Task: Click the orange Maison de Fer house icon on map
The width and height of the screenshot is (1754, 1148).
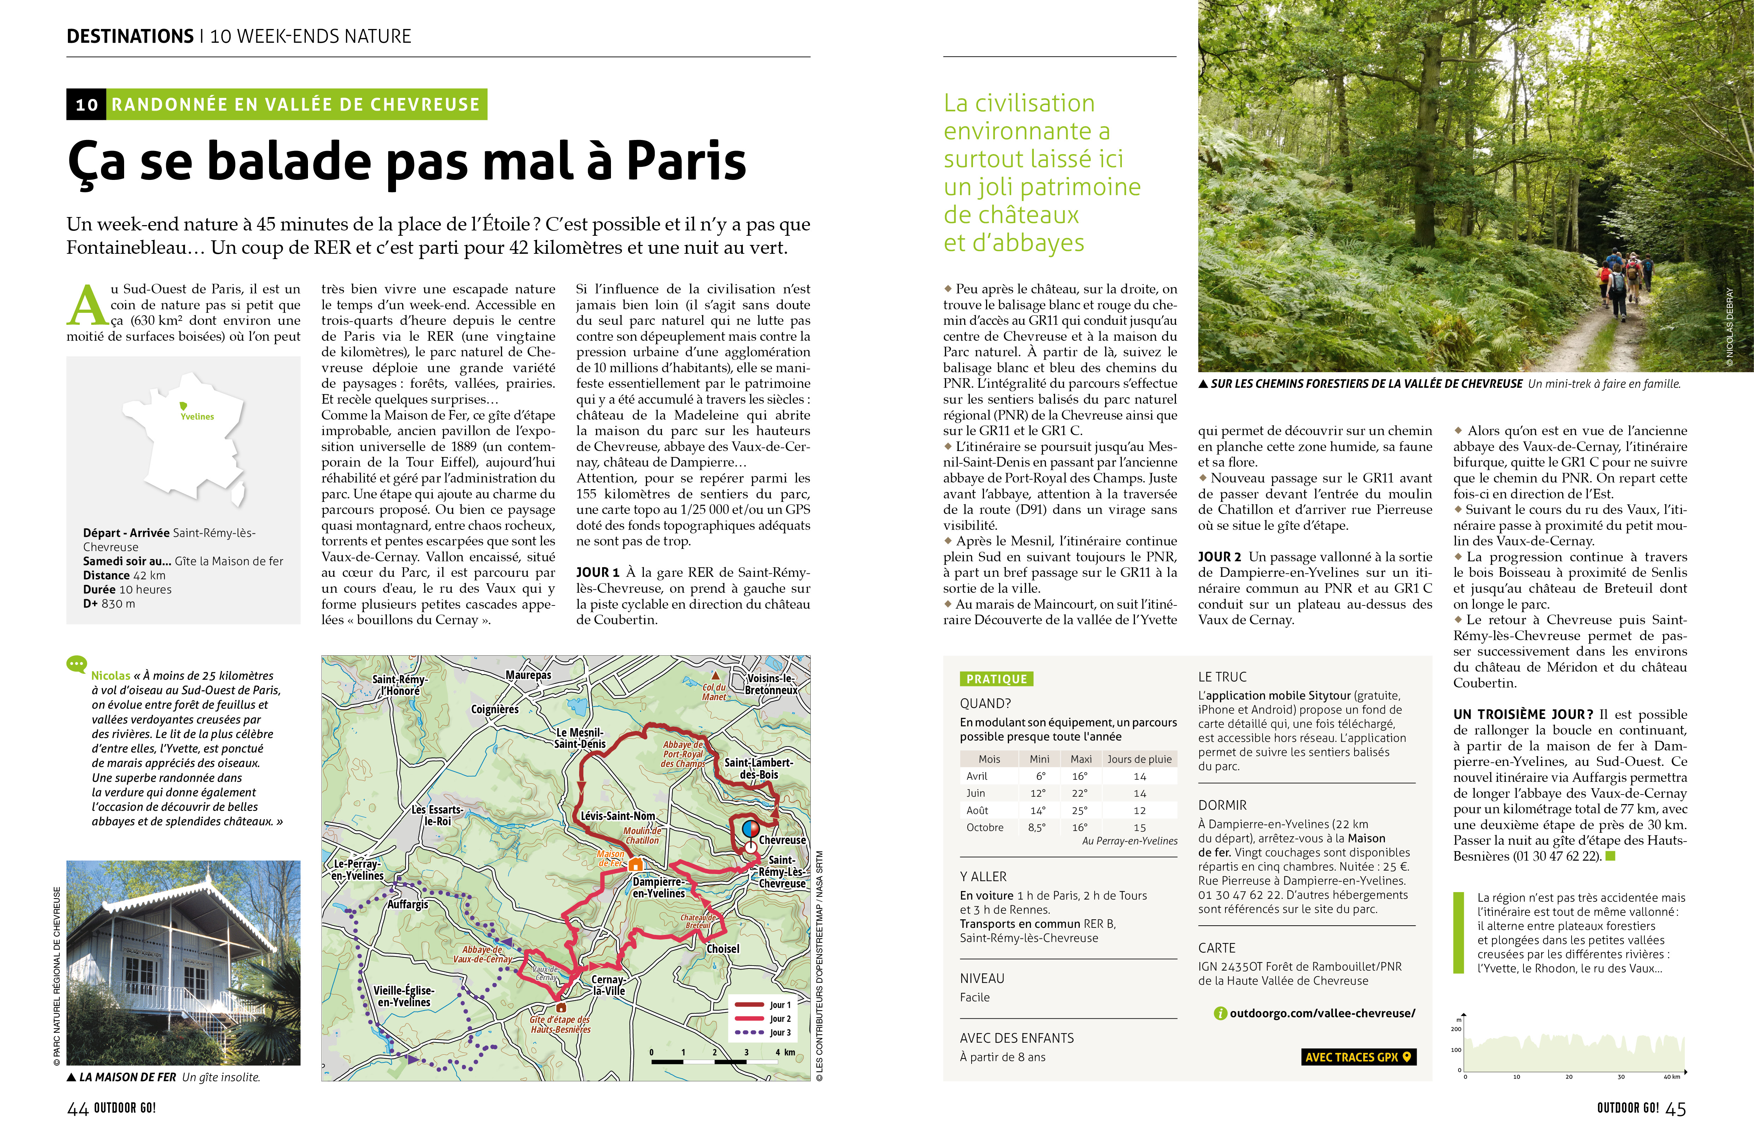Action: [x=635, y=863]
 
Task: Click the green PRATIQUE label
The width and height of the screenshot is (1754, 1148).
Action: [x=996, y=679]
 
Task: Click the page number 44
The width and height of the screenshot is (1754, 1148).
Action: [x=77, y=1109]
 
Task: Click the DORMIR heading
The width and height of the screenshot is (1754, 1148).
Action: [x=1222, y=806]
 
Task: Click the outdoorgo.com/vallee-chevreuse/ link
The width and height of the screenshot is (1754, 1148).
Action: [x=1321, y=1013]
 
